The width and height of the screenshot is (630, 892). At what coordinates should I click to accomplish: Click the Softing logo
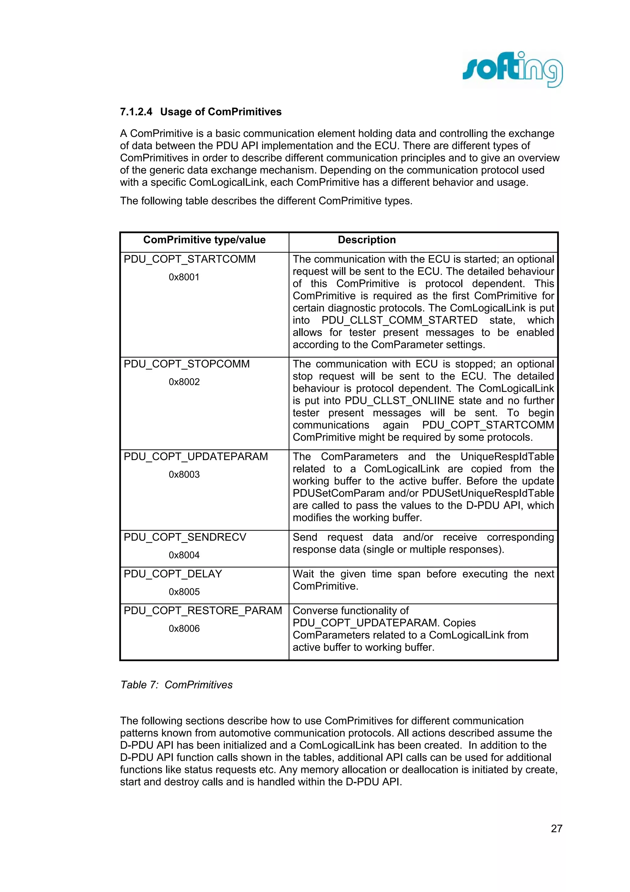pyautogui.click(x=512, y=70)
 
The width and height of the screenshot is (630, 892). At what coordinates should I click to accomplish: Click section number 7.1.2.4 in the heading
pyautogui.click(x=136, y=112)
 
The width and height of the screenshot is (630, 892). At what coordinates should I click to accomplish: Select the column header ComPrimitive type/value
pyautogui.click(x=204, y=240)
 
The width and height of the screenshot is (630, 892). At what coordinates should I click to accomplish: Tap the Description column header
pyautogui.click(x=366, y=240)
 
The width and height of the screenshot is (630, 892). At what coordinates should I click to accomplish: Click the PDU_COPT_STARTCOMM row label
pyautogui.click(x=189, y=259)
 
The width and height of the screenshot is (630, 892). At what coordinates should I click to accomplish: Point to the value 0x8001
pyautogui.click(x=184, y=277)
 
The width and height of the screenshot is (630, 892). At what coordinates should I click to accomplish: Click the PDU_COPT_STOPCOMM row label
pyautogui.click(x=186, y=364)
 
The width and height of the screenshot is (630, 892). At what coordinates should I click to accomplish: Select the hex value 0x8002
pyautogui.click(x=184, y=382)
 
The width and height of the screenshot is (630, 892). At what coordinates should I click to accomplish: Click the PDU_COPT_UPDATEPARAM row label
pyautogui.click(x=196, y=456)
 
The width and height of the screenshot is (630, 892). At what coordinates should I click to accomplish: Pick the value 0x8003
pyautogui.click(x=184, y=475)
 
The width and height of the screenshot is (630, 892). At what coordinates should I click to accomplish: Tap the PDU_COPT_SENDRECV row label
pyautogui.click(x=185, y=537)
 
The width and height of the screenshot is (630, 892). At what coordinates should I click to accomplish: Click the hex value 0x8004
pyautogui.click(x=184, y=556)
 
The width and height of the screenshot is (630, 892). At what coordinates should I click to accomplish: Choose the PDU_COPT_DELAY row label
pyautogui.click(x=173, y=574)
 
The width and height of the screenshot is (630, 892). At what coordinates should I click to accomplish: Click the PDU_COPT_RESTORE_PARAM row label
pyautogui.click(x=203, y=611)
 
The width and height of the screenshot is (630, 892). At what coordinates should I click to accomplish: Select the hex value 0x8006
pyautogui.click(x=184, y=629)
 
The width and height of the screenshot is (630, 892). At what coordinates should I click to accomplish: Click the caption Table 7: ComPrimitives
pyautogui.click(x=176, y=685)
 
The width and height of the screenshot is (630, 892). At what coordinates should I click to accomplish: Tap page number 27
pyautogui.click(x=556, y=829)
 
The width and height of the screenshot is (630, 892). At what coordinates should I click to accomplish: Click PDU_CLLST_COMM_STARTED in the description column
pyautogui.click(x=399, y=320)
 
